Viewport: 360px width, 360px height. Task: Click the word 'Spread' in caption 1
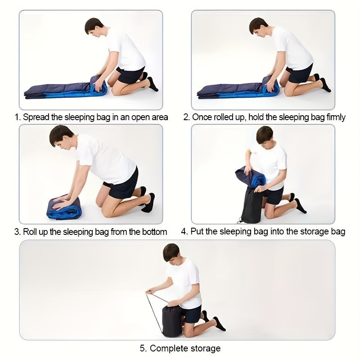[36, 117]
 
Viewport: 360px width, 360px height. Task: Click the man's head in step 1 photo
[94, 27]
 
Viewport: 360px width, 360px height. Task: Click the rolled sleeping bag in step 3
[64, 207]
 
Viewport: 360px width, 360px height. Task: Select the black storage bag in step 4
[252, 206]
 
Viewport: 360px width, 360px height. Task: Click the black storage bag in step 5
[172, 321]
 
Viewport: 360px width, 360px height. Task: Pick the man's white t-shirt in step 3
[106, 158]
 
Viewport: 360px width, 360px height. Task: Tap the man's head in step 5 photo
[171, 252]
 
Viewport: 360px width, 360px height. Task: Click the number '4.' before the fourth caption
[184, 231]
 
